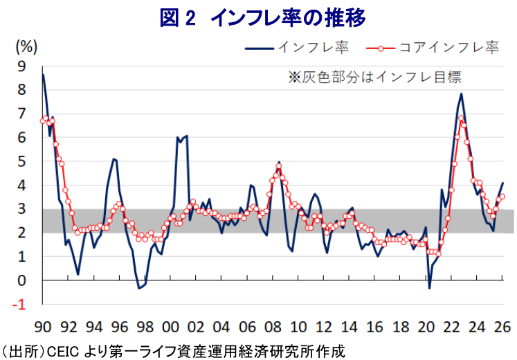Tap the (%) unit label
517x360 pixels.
tap(26, 47)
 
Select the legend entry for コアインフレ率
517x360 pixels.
tap(433, 48)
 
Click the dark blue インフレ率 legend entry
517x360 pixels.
tap(297, 48)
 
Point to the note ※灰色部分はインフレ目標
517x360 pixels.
tap(374, 77)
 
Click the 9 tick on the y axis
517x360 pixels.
tap(21, 66)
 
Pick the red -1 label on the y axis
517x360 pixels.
tap(19, 305)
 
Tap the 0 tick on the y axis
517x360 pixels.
tap(21, 281)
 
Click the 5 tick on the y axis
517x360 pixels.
tap(21, 162)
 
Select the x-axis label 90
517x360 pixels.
tap(43, 327)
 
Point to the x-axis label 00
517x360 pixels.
tap(170, 327)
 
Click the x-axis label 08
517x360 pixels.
tap(273, 327)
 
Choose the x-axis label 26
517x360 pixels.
tap(502, 327)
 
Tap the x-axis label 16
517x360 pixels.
tap(375, 327)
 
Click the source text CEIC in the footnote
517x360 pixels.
tap(63, 352)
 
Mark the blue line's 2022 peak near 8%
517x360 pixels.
tap(461, 94)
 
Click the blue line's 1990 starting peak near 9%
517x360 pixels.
tap(43, 75)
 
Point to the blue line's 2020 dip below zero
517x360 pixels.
tap(429, 289)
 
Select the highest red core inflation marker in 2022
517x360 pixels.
tap(461, 118)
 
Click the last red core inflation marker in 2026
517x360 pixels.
tap(502, 197)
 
